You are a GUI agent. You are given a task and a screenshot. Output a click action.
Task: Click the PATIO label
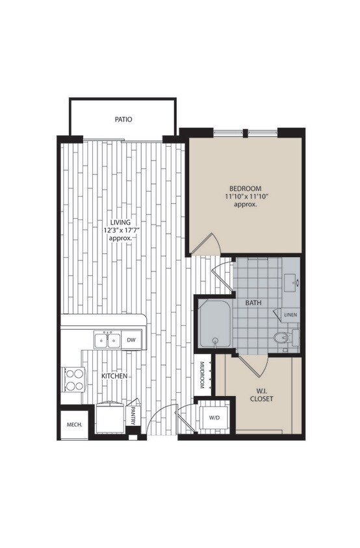(123, 119)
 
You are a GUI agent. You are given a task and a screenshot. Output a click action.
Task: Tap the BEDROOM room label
(244, 188)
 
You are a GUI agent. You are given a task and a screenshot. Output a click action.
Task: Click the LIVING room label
(121, 223)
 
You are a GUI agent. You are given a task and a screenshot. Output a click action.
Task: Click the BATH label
(253, 303)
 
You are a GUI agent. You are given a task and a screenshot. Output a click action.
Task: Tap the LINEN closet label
(290, 316)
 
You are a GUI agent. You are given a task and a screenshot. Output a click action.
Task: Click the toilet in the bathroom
(285, 338)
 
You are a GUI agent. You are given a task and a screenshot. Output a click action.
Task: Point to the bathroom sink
(292, 282)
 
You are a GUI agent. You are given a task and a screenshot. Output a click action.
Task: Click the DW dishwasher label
(131, 340)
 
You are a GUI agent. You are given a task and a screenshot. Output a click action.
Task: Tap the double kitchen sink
(107, 340)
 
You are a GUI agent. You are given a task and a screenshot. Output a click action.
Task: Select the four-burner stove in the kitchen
(73, 379)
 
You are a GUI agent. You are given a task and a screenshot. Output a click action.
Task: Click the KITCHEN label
(114, 377)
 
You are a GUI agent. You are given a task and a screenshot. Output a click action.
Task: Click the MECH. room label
(73, 425)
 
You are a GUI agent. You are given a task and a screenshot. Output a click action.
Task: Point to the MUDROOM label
(203, 375)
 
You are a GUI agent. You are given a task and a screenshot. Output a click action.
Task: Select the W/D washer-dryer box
(212, 417)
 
